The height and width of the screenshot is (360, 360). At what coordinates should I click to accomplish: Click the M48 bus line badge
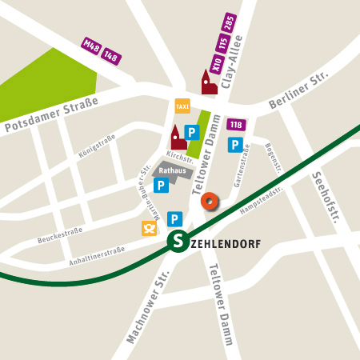coord(90,45)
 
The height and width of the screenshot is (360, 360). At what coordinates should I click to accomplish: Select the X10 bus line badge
coord(217,62)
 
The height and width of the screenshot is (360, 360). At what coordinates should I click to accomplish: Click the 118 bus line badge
coord(236,125)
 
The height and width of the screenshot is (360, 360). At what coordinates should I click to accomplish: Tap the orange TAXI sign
coord(182,106)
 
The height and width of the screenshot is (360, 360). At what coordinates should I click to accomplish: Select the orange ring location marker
coord(210,201)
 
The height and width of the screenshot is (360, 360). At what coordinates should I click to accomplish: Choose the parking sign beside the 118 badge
coord(236,144)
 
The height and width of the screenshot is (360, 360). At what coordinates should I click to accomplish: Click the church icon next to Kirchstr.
coord(178,138)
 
